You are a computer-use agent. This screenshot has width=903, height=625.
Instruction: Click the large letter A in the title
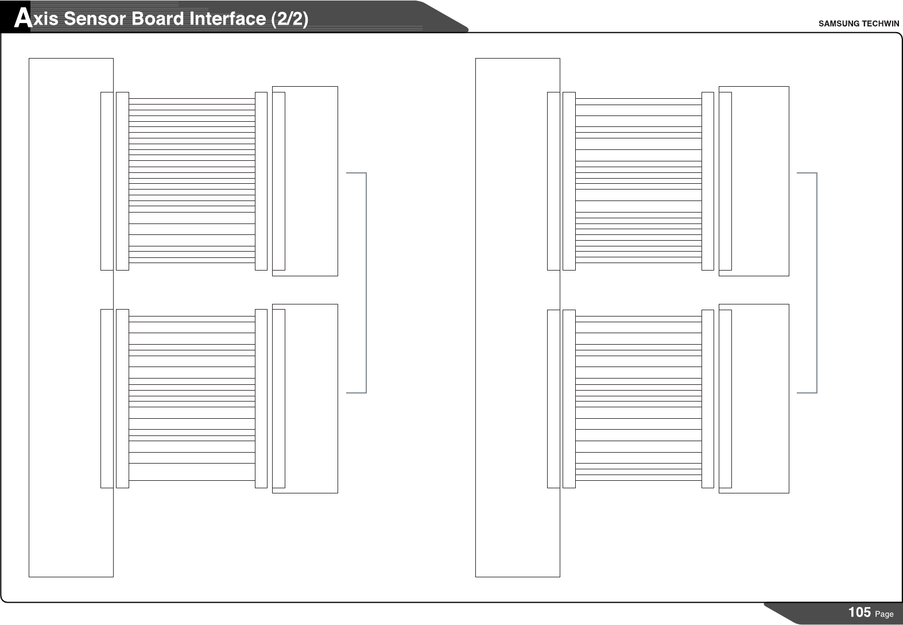pos(22,19)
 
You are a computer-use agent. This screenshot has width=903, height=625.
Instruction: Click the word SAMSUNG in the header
pos(838,24)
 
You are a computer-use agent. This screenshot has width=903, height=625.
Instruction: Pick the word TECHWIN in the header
pos(880,24)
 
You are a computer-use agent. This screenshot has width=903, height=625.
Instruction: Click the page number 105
pos(859,612)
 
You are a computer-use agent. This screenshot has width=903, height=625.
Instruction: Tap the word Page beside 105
pos(884,614)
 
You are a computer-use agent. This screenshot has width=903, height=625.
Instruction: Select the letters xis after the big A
pos(45,19)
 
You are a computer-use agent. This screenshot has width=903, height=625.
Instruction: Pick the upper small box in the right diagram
pos(760,181)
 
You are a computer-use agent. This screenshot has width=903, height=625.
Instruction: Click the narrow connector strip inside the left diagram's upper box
pos(279,181)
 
